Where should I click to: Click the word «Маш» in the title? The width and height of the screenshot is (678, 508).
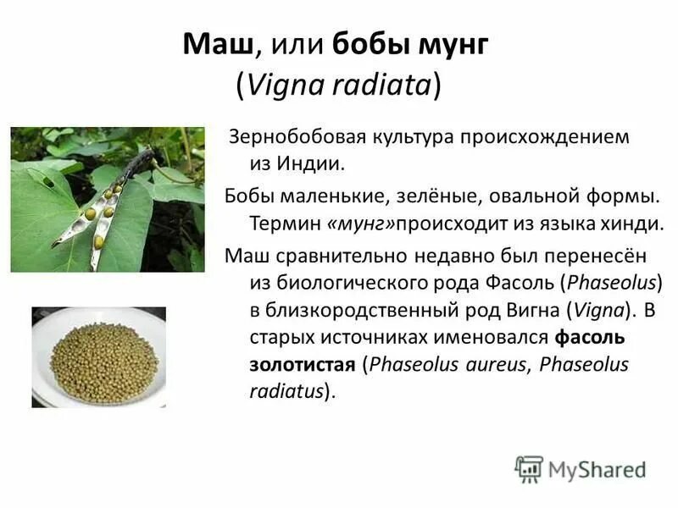click(x=208, y=46)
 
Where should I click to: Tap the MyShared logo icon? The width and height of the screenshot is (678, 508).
click(x=529, y=468)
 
